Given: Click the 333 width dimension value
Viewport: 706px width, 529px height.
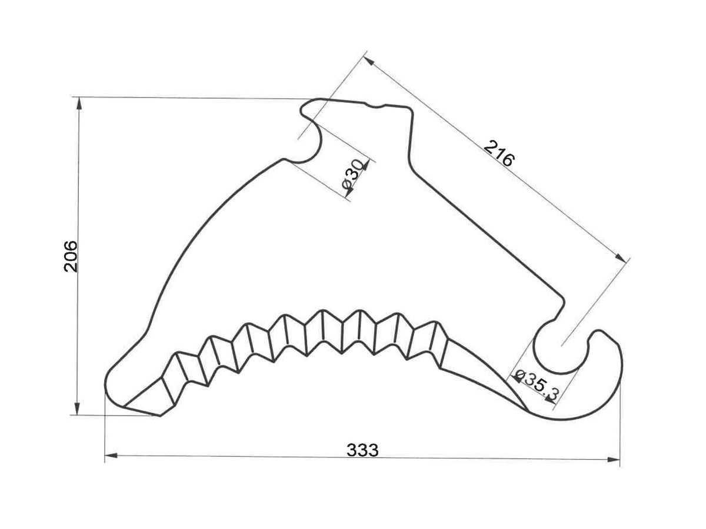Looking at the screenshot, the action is tap(362, 450).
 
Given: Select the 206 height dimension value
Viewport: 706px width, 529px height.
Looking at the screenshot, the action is tap(71, 256).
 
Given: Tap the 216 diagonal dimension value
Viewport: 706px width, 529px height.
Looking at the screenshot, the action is tap(499, 153).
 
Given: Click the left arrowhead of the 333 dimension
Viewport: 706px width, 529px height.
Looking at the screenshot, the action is tap(111, 456).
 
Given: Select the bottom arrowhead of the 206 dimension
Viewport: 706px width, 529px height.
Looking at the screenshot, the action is tap(77, 409).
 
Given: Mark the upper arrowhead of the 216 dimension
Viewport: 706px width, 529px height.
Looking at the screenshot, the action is tap(369, 61).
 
